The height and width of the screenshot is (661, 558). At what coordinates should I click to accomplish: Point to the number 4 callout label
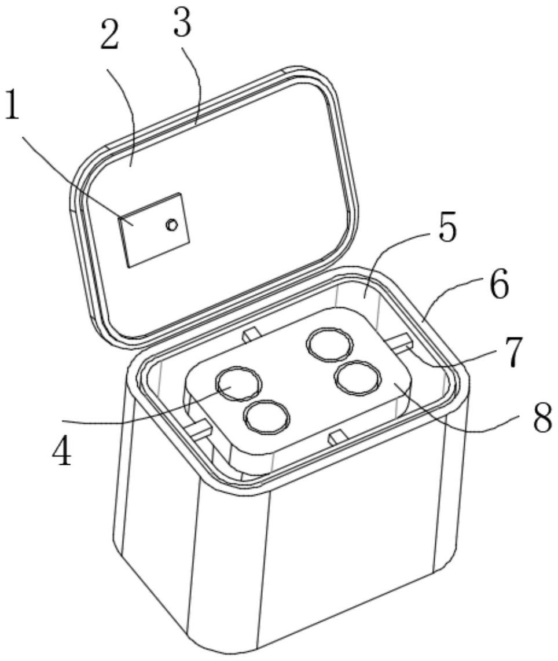pyautogui.click(x=62, y=452)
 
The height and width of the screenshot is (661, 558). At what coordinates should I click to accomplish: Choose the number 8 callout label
pyautogui.click(x=541, y=417)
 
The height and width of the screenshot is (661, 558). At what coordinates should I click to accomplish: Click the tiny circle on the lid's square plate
pyautogui.click(x=171, y=225)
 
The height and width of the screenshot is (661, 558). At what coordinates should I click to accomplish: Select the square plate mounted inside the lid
pyautogui.click(x=153, y=230)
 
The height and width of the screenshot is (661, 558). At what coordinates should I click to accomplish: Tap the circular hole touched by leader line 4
pyautogui.click(x=239, y=384)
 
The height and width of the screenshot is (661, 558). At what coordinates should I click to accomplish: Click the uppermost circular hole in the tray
pyautogui.click(x=330, y=344)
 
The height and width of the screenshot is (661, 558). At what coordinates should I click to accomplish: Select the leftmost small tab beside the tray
pyautogui.click(x=198, y=428)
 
